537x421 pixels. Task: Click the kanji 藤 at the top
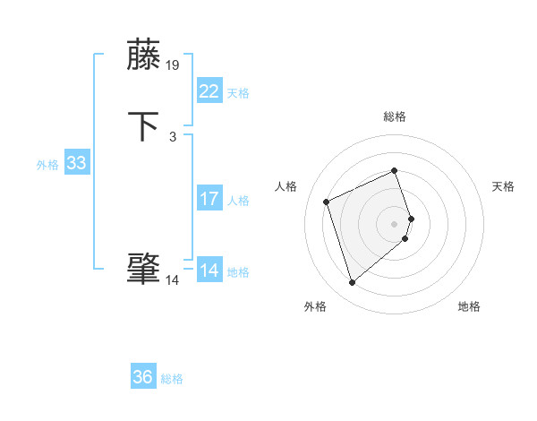point(144,55)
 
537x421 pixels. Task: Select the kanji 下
point(144,126)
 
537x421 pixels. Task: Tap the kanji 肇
point(144,269)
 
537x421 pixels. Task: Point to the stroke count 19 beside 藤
point(173,65)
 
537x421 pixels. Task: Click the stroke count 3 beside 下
point(172,137)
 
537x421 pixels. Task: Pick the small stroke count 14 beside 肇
point(172,280)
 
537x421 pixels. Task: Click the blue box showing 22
point(209,91)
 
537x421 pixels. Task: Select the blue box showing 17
point(209,199)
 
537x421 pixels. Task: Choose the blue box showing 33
point(76,163)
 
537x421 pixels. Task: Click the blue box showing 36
point(143,377)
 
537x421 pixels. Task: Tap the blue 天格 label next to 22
point(238,93)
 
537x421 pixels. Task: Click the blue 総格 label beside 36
point(172,379)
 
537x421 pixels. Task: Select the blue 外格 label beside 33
point(47,165)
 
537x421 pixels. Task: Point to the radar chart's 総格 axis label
point(395,116)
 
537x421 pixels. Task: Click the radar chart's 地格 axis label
point(469,306)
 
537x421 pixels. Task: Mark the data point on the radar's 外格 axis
point(353,283)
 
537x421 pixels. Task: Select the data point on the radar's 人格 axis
point(328,201)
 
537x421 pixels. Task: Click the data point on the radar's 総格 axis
point(395,171)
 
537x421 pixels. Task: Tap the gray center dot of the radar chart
point(395,223)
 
